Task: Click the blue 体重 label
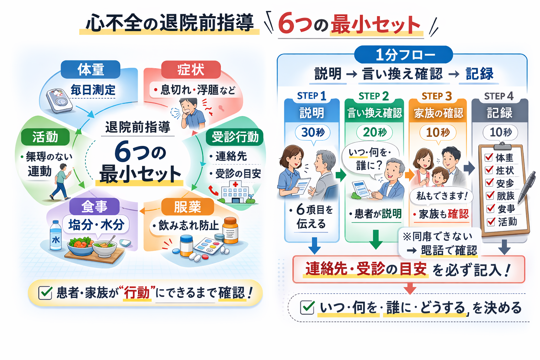(91, 70)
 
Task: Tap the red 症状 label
(191, 70)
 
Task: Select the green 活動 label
(45, 137)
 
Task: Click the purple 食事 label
(94, 206)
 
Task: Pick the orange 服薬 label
(187, 207)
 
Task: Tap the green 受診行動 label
(235, 137)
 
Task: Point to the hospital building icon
(235, 192)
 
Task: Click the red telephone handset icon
(213, 190)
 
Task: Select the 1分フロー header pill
(404, 55)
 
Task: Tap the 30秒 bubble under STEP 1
(313, 133)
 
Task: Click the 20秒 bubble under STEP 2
(375, 133)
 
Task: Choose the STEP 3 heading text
(437, 96)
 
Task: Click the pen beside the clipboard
(527, 186)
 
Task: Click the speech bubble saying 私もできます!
(442, 196)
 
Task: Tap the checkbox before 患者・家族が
(45, 292)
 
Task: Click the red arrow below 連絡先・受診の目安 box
(410, 288)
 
